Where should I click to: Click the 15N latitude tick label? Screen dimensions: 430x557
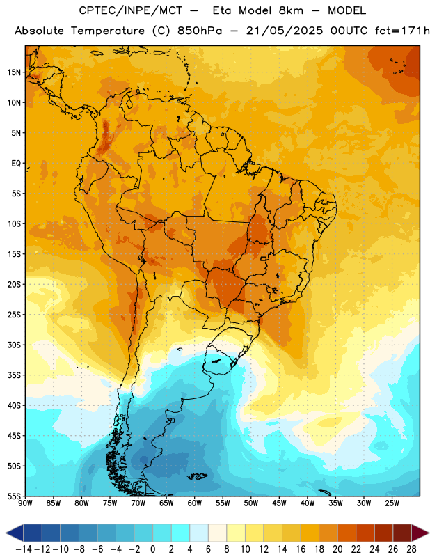click(14, 72)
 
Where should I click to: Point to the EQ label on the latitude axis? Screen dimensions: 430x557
click(16, 164)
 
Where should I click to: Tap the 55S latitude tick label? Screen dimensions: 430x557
click(14, 496)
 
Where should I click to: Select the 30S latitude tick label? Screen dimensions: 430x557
click(14, 345)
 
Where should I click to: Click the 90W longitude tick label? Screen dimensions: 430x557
click(25, 503)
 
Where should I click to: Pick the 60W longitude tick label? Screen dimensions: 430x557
click(195, 503)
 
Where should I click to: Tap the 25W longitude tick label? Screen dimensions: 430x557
click(392, 503)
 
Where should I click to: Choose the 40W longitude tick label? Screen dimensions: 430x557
click(308, 503)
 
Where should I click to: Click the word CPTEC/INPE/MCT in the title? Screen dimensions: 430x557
click(131, 10)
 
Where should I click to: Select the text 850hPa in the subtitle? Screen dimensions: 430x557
click(200, 31)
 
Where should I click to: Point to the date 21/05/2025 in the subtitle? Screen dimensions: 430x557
click(285, 31)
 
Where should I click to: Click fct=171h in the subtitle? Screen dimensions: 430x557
click(402, 31)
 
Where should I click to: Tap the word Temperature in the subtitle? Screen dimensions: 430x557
click(108, 31)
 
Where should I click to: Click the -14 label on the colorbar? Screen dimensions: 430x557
click(24, 549)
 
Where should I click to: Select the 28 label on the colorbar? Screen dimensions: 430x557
click(411, 549)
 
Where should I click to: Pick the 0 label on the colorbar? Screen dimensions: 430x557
click(152, 549)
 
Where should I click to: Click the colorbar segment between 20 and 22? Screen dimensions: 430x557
click(347, 533)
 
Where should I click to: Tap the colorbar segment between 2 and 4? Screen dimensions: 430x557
click(180, 533)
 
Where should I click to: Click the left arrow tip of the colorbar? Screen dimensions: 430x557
click(6, 533)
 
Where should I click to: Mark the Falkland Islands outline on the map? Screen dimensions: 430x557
click(197, 476)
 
